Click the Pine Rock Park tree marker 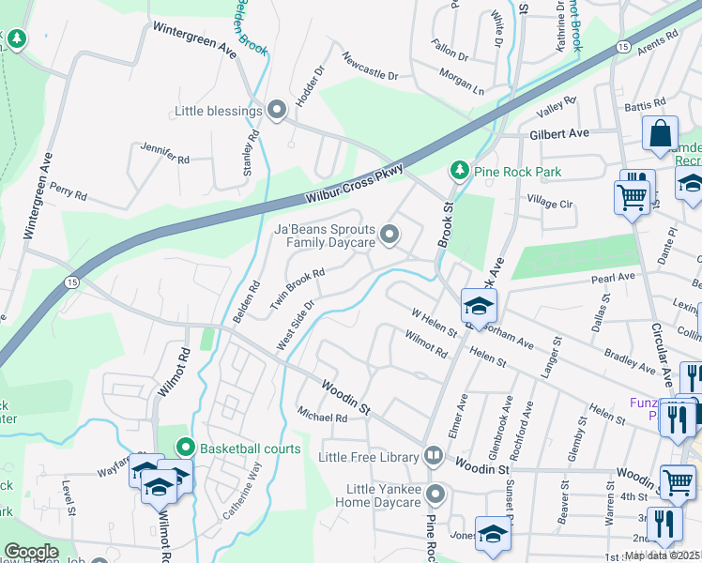(x=459, y=170)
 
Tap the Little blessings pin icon (x=277, y=111)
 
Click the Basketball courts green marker (x=186, y=449)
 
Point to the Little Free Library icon (x=434, y=457)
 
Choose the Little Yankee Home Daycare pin (x=435, y=494)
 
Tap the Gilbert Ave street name (x=558, y=134)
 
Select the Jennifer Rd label (x=164, y=154)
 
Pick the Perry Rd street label (x=69, y=192)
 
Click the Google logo (x=31, y=552)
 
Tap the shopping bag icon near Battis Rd (x=660, y=134)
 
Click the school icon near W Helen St (x=479, y=306)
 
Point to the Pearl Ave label (x=613, y=279)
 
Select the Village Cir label (x=549, y=203)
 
